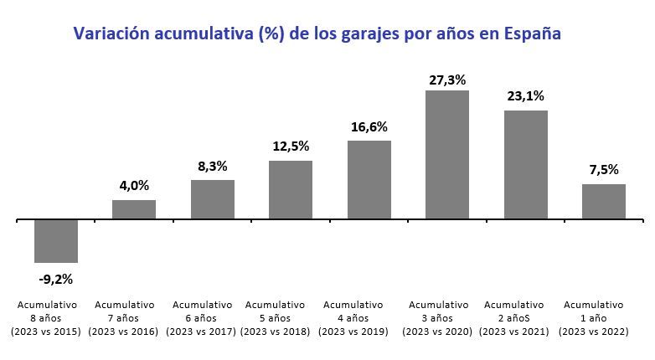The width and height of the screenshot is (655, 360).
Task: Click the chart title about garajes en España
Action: coord(317,33)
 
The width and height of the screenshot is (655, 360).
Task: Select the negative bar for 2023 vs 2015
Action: coord(56,241)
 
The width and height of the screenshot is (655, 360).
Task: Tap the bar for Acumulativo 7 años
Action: coord(134,209)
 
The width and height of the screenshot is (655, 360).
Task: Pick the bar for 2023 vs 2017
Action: coord(213,199)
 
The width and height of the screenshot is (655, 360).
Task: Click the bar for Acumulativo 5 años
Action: coord(291,190)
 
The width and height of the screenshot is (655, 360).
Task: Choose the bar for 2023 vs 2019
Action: coord(369,180)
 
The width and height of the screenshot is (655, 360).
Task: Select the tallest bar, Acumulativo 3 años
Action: coord(447,155)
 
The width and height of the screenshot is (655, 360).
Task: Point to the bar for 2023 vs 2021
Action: coord(526,165)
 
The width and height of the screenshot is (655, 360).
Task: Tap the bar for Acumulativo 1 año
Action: coord(604,202)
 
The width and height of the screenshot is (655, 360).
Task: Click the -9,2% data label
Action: coord(56,279)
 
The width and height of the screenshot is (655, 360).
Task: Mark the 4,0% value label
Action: coord(134,185)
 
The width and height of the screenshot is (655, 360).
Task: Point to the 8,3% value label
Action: coord(213,166)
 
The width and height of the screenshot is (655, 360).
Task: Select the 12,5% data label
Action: coord(291,146)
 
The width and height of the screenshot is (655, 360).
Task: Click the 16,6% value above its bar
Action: coord(369,126)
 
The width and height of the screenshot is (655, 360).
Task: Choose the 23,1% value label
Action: coord(526,95)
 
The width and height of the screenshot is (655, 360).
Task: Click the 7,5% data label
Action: coord(604,169)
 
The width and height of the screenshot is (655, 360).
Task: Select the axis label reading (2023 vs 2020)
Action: coord(436,332)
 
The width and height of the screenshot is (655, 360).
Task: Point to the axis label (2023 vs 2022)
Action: coord(593,332)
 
